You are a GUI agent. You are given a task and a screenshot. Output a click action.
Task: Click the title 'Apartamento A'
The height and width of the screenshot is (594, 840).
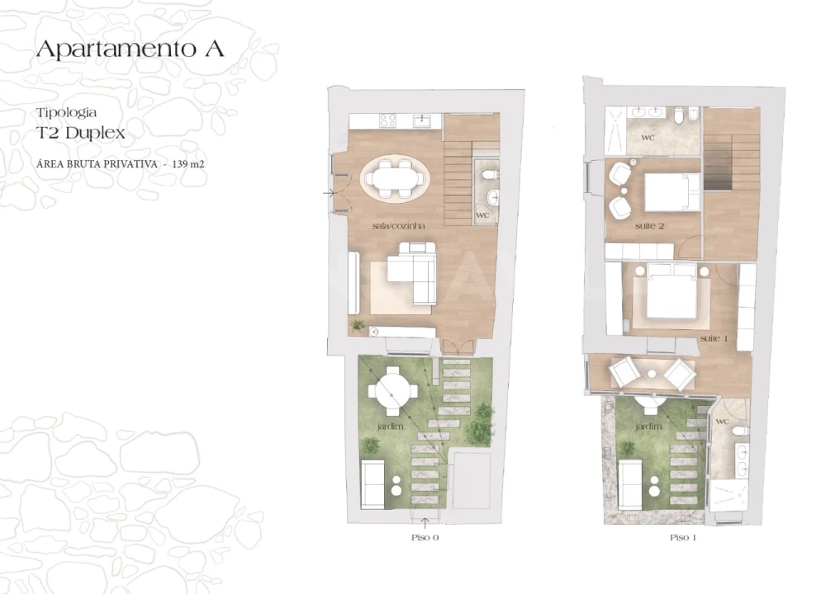coord(130,49)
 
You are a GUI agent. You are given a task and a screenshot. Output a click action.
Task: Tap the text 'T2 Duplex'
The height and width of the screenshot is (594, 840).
coord(80,132)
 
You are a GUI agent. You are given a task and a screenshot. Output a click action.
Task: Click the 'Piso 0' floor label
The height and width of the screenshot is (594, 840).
coord(425,537)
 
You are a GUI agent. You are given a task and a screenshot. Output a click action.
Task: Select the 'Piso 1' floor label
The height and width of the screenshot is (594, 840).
coord(683,537)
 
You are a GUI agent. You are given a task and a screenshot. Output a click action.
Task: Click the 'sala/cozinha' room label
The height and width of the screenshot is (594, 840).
coord(392,224)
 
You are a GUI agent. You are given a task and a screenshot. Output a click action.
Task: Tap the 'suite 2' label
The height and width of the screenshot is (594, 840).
coord(650,225)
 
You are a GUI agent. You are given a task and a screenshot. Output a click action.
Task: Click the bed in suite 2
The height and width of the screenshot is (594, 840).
coord(671,194)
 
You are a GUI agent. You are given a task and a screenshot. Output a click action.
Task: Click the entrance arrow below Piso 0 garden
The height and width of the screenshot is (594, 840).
coord(425,521)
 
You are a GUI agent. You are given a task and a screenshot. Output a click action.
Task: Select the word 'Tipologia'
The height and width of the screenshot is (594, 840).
coord(67,111)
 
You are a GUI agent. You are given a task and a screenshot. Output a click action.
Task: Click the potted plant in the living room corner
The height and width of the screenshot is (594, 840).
coord(358,325)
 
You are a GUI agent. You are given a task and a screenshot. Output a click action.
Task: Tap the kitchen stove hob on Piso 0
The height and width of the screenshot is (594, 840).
coord(387,121)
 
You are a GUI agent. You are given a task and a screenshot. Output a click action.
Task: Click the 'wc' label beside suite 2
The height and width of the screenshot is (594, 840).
coord(648,137)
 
